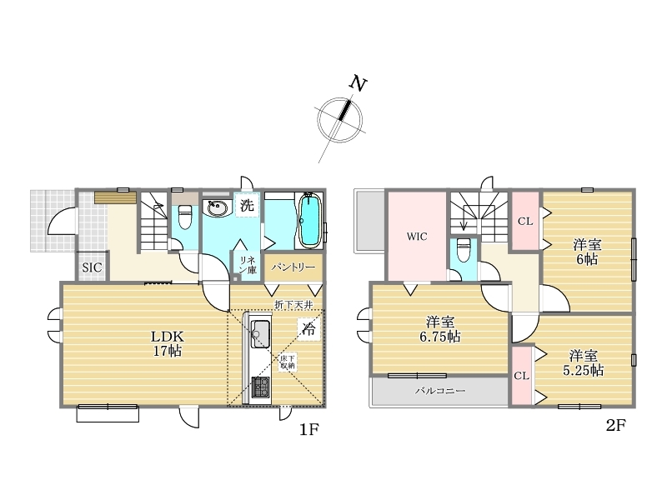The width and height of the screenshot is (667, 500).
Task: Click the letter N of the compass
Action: pyautogui.click(x=358, y=83)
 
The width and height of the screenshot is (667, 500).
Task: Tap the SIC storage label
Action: pyautogui.click(x=92, y=267)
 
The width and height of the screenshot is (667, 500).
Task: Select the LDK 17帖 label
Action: pyautogui.click(x=168, y=344)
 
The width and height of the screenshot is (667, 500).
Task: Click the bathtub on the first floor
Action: pyautogui.click(x=309, y=220)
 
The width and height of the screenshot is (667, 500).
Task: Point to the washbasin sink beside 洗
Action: pyautogui.click(x=217, y=208)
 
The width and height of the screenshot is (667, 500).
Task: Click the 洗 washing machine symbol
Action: pyautogui.click(x=247, y=205)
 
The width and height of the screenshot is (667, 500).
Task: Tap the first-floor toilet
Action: pyautogui.click(x=185, y=217)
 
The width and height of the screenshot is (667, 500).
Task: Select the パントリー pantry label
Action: pyautogui.click(x=293, y=267)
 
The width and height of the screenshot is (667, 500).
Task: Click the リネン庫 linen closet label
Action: pyautogui.click(x=247, y=265)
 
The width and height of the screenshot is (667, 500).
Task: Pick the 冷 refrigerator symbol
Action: pyautogui.click(x=308, y=329)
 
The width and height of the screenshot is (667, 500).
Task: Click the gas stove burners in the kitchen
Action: pyautogui.click(x=261, y=387)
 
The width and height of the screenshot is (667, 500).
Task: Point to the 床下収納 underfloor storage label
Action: pyautogui.click(x=287, y=362)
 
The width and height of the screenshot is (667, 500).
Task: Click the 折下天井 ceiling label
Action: pyautogui.click(x=294, y=304)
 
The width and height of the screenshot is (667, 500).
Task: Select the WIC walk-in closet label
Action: pyautogui.click(x=416, y=237)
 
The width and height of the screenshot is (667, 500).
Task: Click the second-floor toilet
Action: pyautogui.click(x=464, y=251)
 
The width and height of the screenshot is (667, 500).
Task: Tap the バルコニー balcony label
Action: pyautogui.click(x=440, y=390)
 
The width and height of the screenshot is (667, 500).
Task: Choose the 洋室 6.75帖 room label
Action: pyautogui.click(x=440, y=329)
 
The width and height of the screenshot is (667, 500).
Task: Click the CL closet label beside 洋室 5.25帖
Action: pyautogui.click(x=522, y=376)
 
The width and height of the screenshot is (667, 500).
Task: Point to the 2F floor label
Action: pyautogui.click(x=615, y=425)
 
